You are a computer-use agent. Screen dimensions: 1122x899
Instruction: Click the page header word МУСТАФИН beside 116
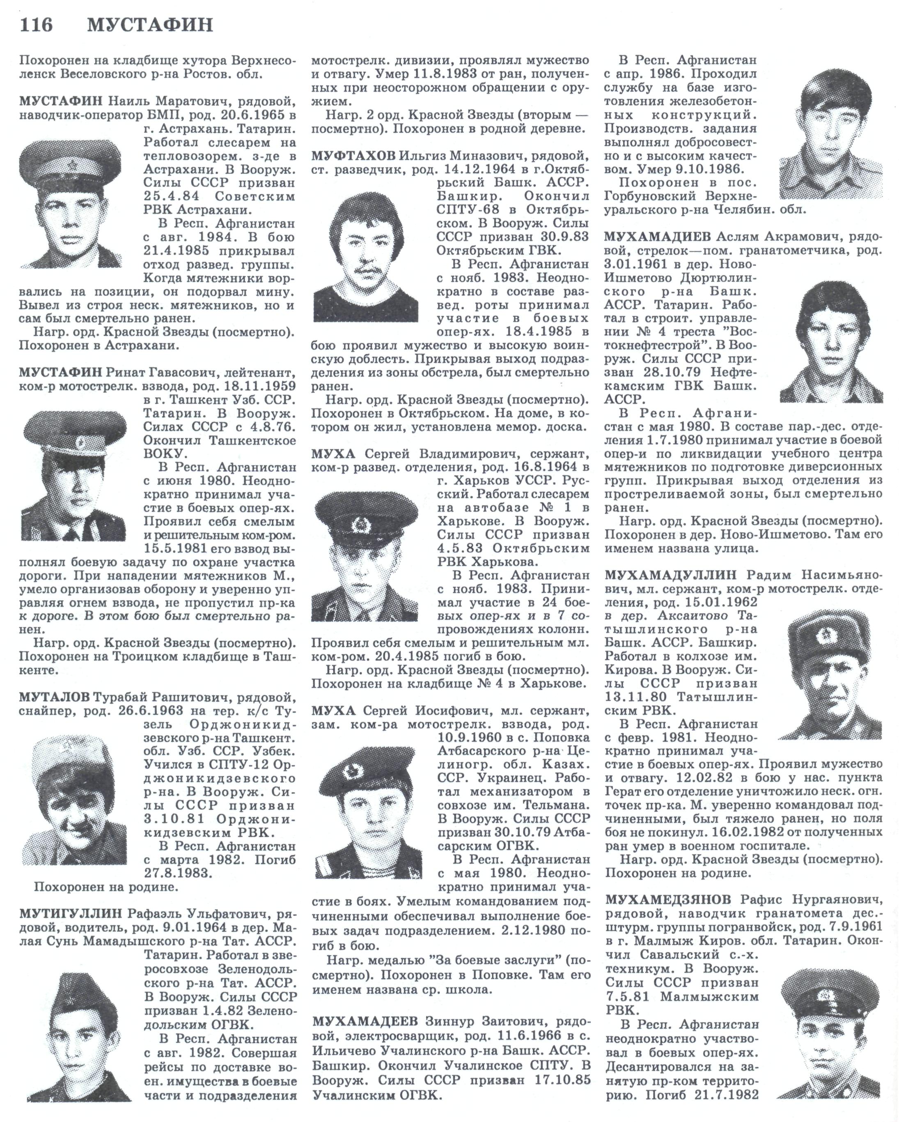pyautogui.click(x=150, y=25)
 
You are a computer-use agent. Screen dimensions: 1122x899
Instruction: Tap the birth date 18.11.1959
pyautogui.click(x=261, y=386)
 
